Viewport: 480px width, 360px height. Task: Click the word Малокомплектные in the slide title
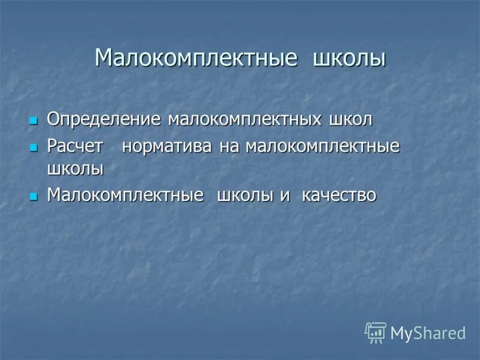(x=196, y=59)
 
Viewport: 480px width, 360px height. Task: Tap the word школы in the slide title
(x=349, y=59)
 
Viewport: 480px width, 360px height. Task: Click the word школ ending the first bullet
(x=350, y=119)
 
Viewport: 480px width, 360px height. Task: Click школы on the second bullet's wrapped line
(x=75, y=169)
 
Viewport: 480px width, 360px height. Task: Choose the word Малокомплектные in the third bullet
(x=125, y=196)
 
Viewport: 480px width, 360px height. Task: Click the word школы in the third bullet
(x=245, y=196)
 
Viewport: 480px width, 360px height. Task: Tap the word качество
(x=339, y=196)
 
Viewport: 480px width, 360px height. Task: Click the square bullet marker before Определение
(x=33, y=120)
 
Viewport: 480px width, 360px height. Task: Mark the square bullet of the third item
(x=33, y=196)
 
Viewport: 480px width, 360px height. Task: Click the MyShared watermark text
(x=428, y=333)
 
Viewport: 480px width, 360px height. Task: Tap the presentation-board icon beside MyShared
(x=376, y=332)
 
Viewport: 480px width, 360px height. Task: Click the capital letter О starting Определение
(x=53, y=119)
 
